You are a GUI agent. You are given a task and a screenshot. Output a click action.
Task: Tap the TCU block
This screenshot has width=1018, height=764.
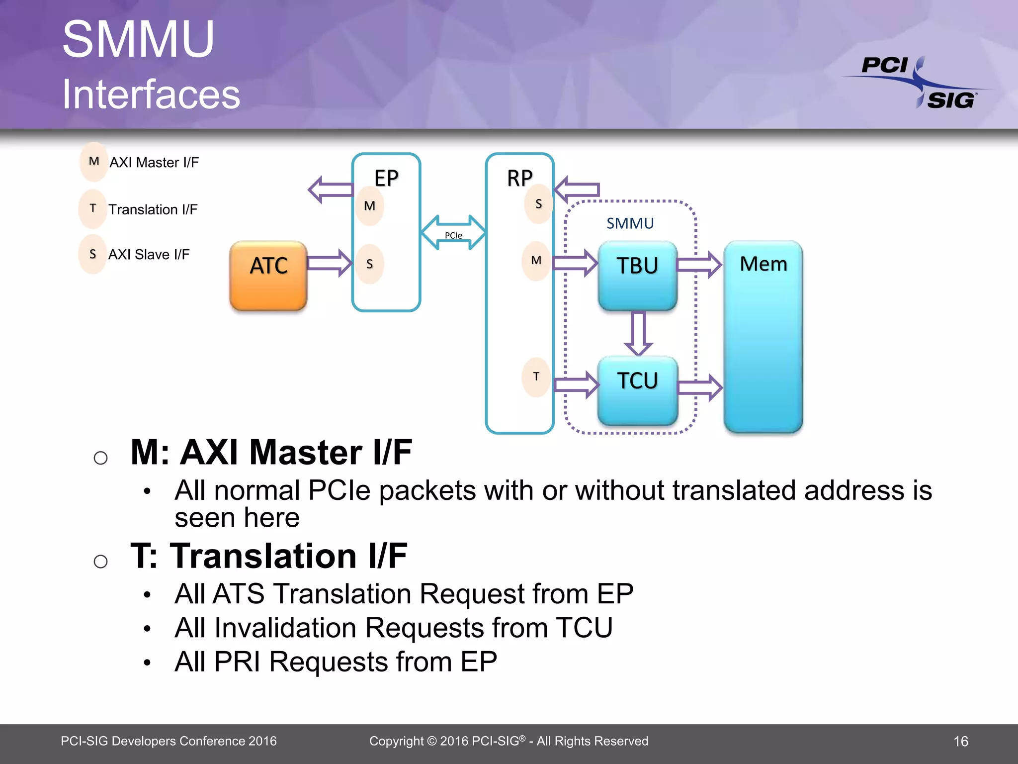coord(638,390)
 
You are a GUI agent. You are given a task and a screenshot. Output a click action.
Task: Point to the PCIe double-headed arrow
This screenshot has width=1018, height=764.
coord(453,232)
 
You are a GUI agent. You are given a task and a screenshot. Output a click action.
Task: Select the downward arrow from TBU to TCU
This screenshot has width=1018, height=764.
coord(638,333)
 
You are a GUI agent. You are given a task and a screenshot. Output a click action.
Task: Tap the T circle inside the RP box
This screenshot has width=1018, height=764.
coord(536,377)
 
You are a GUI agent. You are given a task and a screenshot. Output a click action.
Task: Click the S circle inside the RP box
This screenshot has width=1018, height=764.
coord(538,204)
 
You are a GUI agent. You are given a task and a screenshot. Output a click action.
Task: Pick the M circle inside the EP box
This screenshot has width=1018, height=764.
coord(370,206)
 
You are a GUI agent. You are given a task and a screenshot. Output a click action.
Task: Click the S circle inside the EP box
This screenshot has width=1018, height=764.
coord(370,264)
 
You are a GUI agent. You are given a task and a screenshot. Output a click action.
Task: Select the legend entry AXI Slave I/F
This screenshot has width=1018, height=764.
coord(149,255)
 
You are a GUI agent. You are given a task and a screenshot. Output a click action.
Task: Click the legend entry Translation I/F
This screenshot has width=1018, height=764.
coord(153,209)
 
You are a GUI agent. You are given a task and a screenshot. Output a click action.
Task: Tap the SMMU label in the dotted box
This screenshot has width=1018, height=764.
coord(630,223)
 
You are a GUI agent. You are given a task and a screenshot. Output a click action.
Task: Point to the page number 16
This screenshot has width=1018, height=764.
coord(960,742)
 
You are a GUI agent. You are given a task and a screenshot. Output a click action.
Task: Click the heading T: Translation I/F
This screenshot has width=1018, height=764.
coord(269,556)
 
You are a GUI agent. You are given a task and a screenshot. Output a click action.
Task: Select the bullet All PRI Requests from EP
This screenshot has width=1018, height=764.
coord(336,662)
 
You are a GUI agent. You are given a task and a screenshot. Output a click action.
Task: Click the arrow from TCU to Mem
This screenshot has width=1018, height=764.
coord(699,387)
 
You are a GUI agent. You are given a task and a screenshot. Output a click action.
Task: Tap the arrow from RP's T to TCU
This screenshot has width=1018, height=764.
coord(577,384)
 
